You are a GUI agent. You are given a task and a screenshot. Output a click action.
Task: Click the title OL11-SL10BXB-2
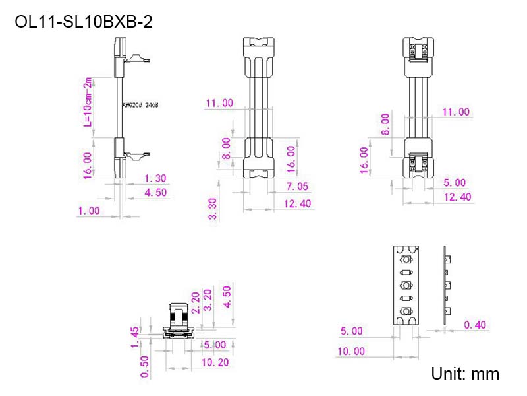click(x=84, y=22)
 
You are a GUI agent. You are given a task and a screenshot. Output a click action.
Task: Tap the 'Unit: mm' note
click(x=465, y=374)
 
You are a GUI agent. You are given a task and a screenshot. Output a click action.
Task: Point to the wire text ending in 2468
click(x=140, y=105)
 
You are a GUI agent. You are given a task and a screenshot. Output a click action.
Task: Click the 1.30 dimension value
click(x=156, y=178)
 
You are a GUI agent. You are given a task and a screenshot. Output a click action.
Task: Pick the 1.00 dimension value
click(x=88, y=211)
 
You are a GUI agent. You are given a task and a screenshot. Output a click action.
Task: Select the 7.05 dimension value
click(x=298, y=187)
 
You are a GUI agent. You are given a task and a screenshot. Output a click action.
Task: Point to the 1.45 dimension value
click(x=135, y=336)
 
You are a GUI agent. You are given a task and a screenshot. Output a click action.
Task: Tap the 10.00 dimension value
click(x=350, y=351)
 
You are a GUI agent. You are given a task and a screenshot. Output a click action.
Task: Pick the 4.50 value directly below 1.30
click(x=156, y=193)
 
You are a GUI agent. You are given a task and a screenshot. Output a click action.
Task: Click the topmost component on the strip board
click(x=406, y=260)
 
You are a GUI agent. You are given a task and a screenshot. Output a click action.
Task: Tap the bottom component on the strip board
click(x=406, y=312)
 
